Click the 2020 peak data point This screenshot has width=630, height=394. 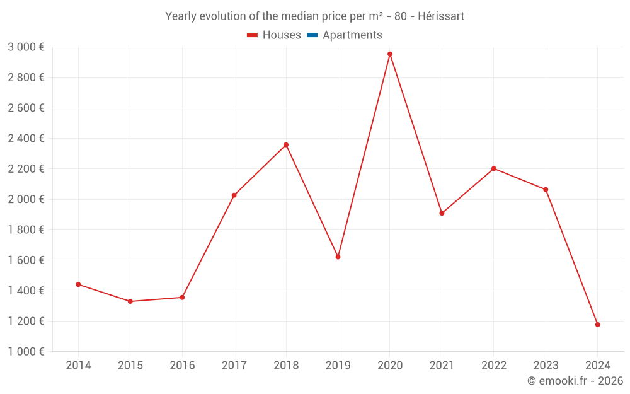point(390,54)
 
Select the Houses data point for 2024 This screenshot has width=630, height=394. point(598,325)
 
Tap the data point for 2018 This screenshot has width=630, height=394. point(286,145)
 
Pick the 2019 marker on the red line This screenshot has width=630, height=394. point(338,257)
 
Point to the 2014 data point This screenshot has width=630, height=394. point(78,284)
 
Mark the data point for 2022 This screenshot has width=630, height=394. point(494,168)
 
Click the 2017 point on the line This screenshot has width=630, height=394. point(234,195)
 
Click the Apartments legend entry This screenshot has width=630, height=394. point(352,35)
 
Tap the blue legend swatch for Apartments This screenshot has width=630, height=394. point(312,35)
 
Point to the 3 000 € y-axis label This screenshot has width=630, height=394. point(26,47)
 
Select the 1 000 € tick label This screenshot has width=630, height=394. point(26,352)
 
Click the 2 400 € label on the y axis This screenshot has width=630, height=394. point(26,139)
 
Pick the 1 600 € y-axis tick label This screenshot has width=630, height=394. point(26,260)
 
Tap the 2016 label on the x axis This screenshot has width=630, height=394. point(182,366)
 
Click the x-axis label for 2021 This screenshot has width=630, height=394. point(442,366)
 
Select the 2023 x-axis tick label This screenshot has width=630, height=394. point(546,366)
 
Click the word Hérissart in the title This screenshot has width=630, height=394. point(441,16)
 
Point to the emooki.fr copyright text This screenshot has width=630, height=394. point(575,381)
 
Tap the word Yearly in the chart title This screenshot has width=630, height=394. point(181,16)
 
